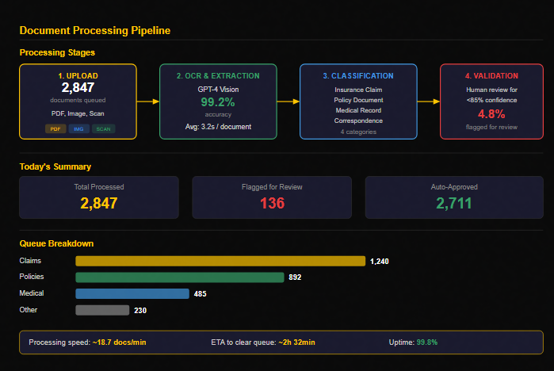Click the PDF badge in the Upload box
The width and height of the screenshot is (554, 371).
pyautogui.click(x=55, y=129)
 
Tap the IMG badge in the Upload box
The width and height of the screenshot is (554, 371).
pyautogui.click(x=78, y=129)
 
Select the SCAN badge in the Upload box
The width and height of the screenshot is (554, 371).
pyautogui.click(x=104, y=129)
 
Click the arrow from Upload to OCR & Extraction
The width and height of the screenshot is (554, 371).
pyautogui.click(x=148, y=101)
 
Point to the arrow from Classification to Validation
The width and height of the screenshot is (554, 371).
pyautogui.click(x=429, y=101)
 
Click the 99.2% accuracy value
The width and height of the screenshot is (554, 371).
pyautogui.click(x=218, y=102)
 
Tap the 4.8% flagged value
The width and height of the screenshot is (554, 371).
pyautogui.click(x=491, y=114)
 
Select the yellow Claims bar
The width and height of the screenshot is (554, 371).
pyautogui.click(x=220, y=261)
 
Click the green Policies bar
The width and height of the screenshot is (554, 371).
pyautogui.click(x=180, y=277)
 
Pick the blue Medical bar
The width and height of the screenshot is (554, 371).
pyautogui.click(x=132, y=293)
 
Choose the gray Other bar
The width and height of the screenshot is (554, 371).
pyautogui.click(x=102, y=310)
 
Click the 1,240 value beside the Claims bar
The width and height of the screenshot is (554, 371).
pyautogui.click(x=380, y=262)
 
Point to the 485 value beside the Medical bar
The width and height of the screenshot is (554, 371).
pyautogui.click(x=200, y=294)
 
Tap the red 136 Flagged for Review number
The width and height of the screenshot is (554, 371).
pyautogui.click(x=272, y=203)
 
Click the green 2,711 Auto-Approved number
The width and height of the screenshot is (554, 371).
pyautogui.click(x=454, y=203)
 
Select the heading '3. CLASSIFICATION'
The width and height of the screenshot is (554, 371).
pyautogui.click(x=358, y=76)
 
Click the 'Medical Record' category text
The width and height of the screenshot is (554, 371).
pyautogui.click(x=358, y=110)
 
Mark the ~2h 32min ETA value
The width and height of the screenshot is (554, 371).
pyautogui.click(x=296, y=342)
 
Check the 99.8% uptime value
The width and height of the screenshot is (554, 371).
pyautogui.click(x=427, y=342)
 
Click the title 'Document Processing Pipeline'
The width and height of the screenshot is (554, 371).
pyautogui.click(x=95, y=31)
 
